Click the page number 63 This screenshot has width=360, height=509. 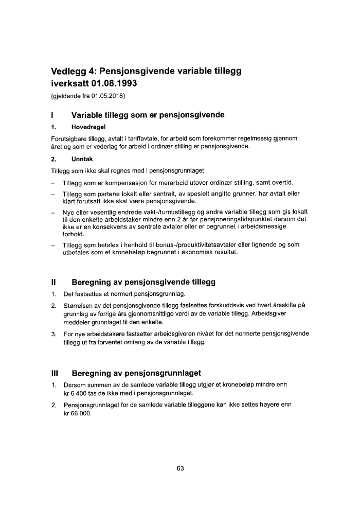pyautogui.click(x=180, y=468)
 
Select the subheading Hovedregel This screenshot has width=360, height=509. pyautogui.click(x=81, y=128)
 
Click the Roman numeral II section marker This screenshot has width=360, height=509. pyautogui.click(x=53, y=282)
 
